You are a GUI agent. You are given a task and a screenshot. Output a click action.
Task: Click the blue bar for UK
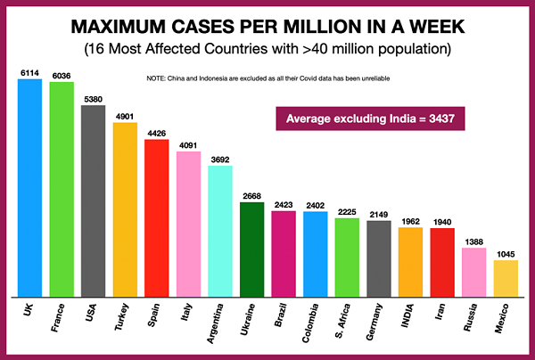coord(29,187)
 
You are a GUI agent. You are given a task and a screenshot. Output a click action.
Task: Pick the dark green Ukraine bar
coord(252,249)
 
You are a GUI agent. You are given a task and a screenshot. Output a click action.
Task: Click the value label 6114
coord(29,73)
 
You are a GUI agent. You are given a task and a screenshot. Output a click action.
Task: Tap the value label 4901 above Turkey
coord(125,117)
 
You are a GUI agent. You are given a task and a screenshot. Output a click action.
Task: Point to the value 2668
coord(252,196)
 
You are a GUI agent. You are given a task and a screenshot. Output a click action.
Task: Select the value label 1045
coord(506,254)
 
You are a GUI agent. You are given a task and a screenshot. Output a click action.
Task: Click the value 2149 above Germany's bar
coord(379,215)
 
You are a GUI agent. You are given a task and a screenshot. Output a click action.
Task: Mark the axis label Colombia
coord(316,323)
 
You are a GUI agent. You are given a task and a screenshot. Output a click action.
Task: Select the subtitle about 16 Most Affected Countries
coord(267,45)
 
